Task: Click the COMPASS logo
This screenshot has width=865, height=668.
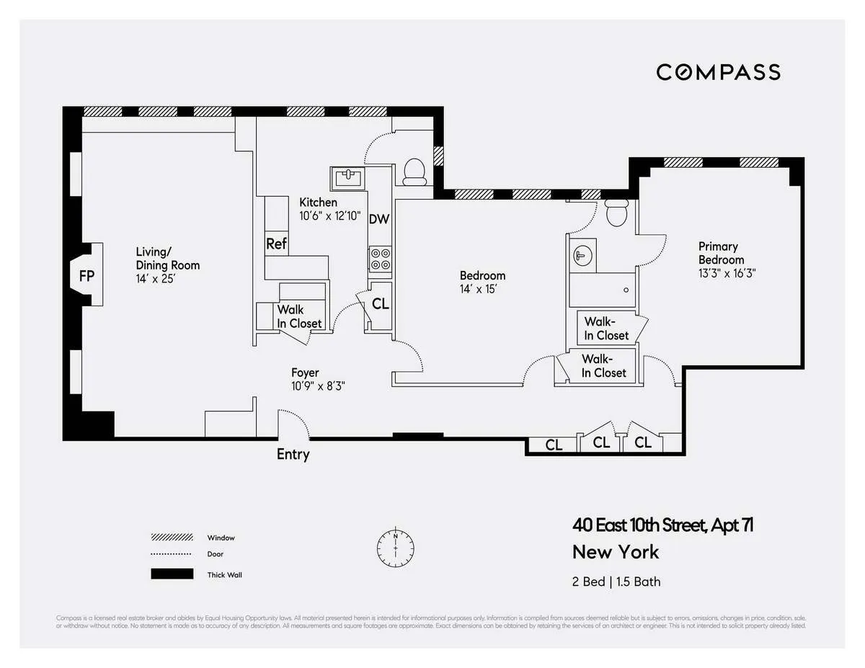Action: pos(718,72)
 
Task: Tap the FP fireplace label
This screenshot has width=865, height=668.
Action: pos(86,276)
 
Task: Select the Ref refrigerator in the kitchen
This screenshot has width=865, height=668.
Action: pos(276,244)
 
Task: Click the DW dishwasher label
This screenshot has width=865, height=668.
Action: pos(379,219)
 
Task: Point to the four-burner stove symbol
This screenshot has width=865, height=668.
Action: pos(380,259)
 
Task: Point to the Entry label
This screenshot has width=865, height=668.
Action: pos(293,454)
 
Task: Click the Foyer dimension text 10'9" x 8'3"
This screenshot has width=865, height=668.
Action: pos(318,386)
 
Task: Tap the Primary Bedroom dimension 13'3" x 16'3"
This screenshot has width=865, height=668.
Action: pos(727,273)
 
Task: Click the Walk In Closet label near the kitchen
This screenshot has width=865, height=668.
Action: pos(299,317)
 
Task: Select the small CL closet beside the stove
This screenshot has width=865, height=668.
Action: pos(380,304)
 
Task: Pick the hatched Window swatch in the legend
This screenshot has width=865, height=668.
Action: pos(172,538)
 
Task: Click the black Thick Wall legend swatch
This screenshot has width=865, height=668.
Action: pos(172,574)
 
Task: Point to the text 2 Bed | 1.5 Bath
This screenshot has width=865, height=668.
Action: pos(616,582)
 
